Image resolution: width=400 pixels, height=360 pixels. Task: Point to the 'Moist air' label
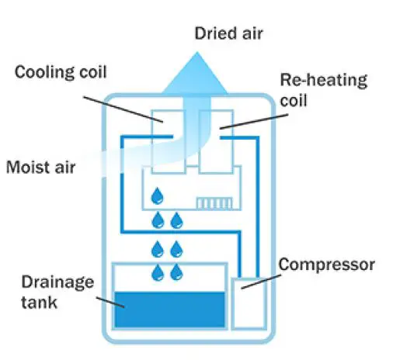click(x=40, y=167)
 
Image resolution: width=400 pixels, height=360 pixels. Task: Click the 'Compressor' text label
click(x=327, y=265)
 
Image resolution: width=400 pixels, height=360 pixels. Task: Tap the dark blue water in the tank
click(x=169, y=309)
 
